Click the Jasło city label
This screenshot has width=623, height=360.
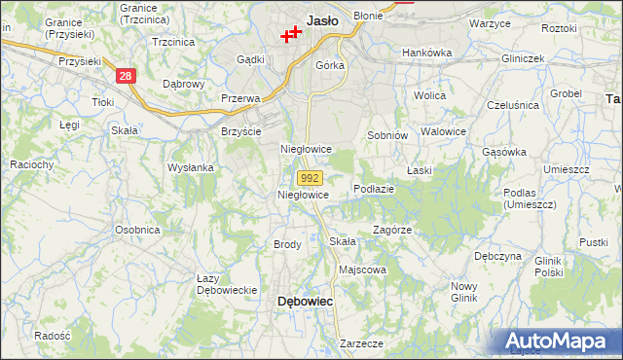322,19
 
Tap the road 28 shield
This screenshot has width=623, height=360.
124,75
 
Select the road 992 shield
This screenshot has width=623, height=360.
310,178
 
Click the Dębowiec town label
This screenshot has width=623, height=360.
306,302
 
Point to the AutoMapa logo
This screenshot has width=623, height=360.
560,341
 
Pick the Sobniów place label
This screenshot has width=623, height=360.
385,135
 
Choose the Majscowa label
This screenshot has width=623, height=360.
362,270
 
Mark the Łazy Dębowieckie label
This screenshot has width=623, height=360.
226,284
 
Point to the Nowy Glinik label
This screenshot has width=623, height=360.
463,292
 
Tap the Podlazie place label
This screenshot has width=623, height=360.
374,189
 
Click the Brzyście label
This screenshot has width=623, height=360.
241,131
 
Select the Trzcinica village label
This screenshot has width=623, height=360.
174,43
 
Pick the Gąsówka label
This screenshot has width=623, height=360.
504,152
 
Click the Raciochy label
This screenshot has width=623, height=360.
31,165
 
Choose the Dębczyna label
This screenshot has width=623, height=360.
498,257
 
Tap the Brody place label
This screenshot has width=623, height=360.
287,244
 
